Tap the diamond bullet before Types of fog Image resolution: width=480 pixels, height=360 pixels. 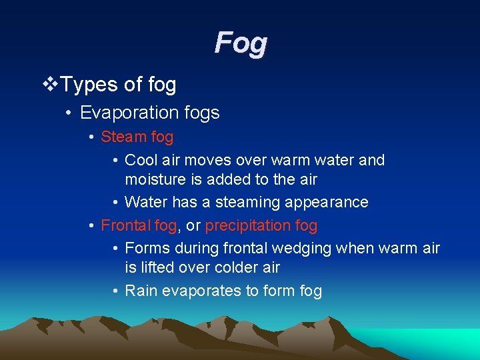pos(49,85)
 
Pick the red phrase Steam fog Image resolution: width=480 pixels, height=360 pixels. pos(137,137)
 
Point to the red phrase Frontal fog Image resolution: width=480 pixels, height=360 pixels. pos(139,225)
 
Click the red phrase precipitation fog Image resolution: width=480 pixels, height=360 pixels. pos(261,225)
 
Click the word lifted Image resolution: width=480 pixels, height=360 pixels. pos(158,267)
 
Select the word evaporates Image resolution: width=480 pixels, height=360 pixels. pos(199,291)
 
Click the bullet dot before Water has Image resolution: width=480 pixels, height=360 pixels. pos(115,203)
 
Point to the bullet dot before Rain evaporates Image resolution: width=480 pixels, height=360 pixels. pos(115,291)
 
